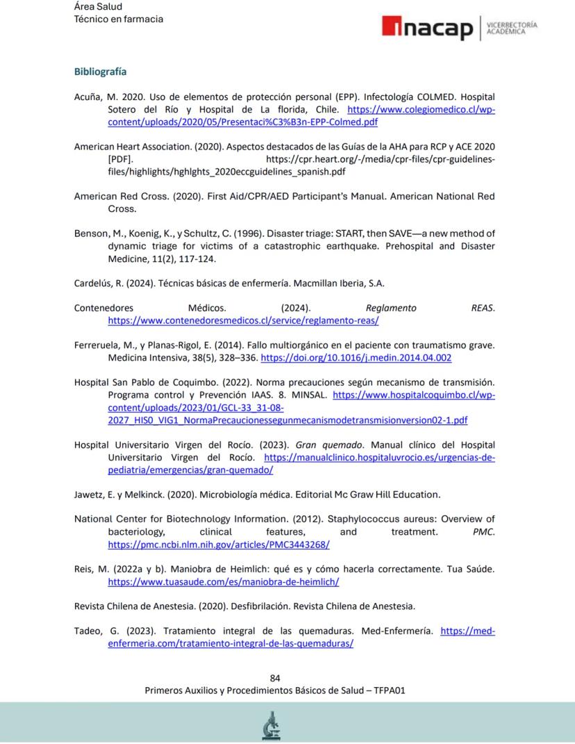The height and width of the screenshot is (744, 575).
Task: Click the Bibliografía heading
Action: click(x=100, y=72)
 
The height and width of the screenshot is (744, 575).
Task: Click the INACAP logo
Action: click(x=426, y=28)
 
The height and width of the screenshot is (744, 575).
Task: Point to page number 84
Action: click(x=275, y=678)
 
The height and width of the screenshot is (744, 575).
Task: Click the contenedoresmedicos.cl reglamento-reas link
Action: click(x=243, y=320)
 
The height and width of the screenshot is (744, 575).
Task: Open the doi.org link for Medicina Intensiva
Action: click(x=356, y=358)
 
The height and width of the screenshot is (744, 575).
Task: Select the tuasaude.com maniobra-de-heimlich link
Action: click(x=223, y=581)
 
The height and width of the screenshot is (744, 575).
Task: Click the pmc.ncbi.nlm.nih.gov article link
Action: click(x=219, y=545)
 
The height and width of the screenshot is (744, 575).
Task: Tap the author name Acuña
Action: click(x=87, y=97)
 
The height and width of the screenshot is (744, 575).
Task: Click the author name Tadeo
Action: click(x=88, y=631)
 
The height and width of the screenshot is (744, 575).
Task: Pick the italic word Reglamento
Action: click(x=390, y=308)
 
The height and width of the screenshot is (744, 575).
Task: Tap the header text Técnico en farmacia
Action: click(x=118, y=19)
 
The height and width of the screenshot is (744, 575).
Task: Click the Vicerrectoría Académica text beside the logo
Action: click(x=512, y=28)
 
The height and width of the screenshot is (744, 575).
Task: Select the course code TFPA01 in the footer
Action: click(x=390, y=691)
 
